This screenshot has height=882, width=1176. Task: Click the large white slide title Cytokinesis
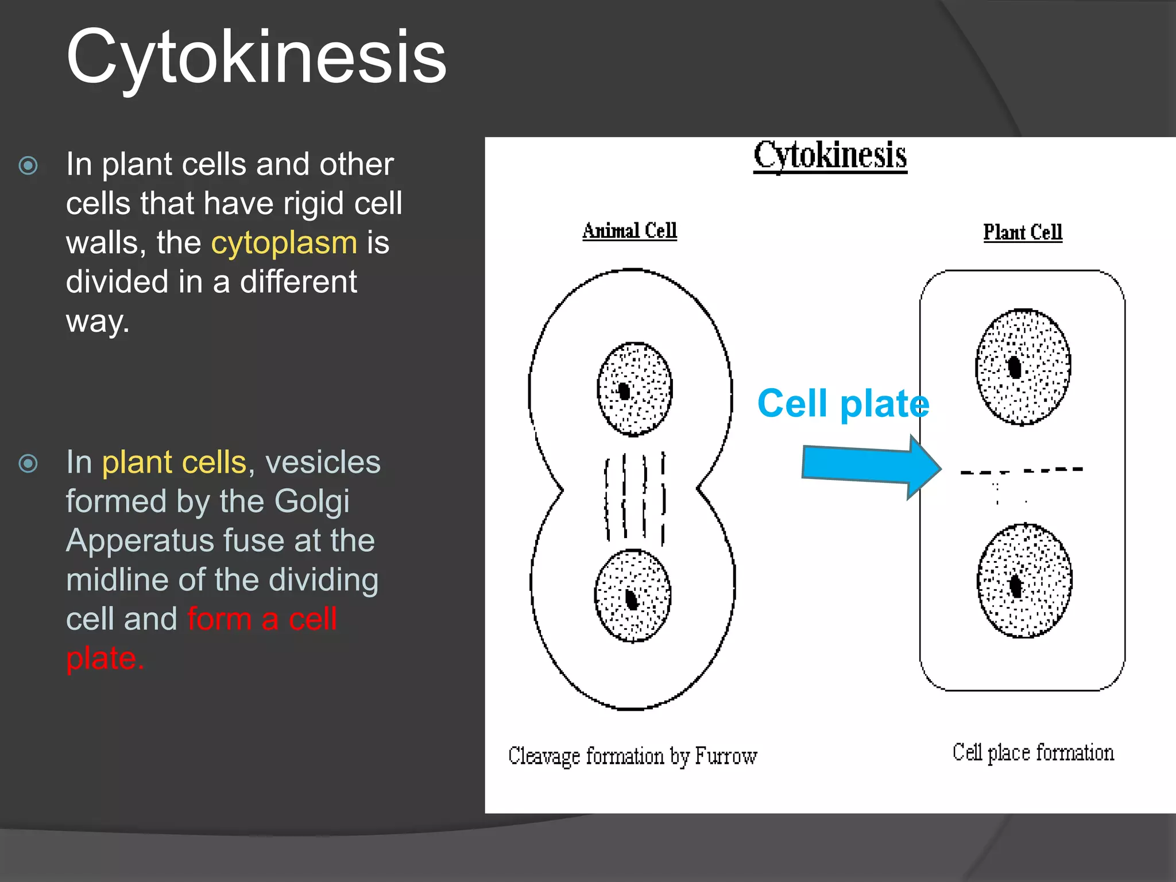click(x=256, y=57)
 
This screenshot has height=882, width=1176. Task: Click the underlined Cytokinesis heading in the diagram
click(x=830, y=155)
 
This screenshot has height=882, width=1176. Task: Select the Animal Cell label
click(x=629, y=231)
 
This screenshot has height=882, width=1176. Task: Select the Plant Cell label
click(x=1023, y=233)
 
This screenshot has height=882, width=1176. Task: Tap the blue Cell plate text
click(x=843, y=404)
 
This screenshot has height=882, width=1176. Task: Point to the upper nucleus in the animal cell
click(x=635, y=389)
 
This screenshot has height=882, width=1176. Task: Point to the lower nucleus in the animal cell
click(x=632, y=595)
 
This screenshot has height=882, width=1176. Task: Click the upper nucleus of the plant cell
click(x=1023, y=367)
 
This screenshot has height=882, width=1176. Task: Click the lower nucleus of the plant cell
click(x=1024, y=581)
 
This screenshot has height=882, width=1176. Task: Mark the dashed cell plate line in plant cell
click(x=1022, y=471)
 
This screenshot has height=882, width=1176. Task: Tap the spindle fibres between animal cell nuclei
click(x=635, y=497)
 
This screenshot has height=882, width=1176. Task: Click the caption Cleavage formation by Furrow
click(x=632, y=756)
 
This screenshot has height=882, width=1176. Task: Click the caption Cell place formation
click(x=1033, y=753)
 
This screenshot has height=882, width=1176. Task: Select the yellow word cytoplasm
click(x=284, y=242)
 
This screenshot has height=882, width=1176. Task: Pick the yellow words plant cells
click(x=174, y=462)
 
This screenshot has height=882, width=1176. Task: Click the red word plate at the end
click(x=104, y=658)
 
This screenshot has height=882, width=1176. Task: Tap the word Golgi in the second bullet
click(x=312, y=501)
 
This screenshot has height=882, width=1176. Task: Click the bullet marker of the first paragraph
click(x=28, y=166)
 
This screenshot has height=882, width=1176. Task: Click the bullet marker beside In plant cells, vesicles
click(x=28, y=463)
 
